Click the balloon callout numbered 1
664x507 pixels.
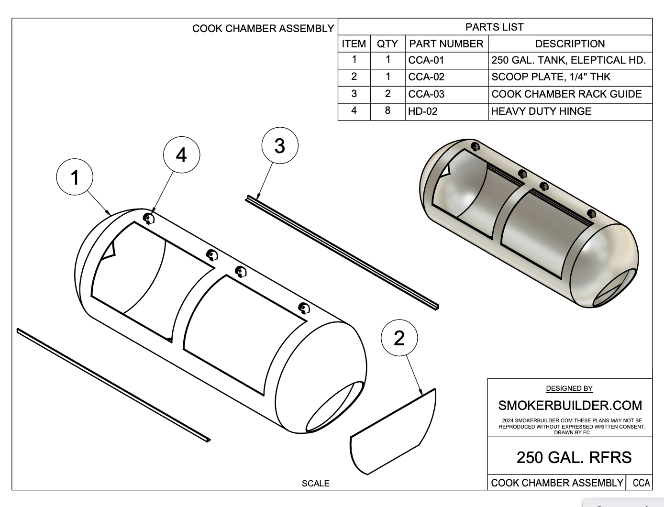tap(75, 177)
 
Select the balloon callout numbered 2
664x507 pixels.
tap(399, 338)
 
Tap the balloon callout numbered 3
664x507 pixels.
tap(280, 145)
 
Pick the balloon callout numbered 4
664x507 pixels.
tap(181, 154)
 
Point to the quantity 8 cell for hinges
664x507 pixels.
tap(387, 111)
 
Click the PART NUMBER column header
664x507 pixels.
tap(446, 44)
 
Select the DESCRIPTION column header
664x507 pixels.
tap(570, 44)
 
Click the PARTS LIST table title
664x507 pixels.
tap(495, 27)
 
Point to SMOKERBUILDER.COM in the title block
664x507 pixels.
tap(570, 406)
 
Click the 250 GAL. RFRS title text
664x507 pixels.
tap(574, 457)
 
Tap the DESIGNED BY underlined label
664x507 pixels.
tap(569, 388)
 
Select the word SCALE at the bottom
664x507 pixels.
tap(315, 484)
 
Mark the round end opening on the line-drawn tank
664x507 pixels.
tap(335, 407)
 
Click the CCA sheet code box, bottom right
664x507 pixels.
tap(641, 483)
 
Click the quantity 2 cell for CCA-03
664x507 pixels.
tap(387, 94)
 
